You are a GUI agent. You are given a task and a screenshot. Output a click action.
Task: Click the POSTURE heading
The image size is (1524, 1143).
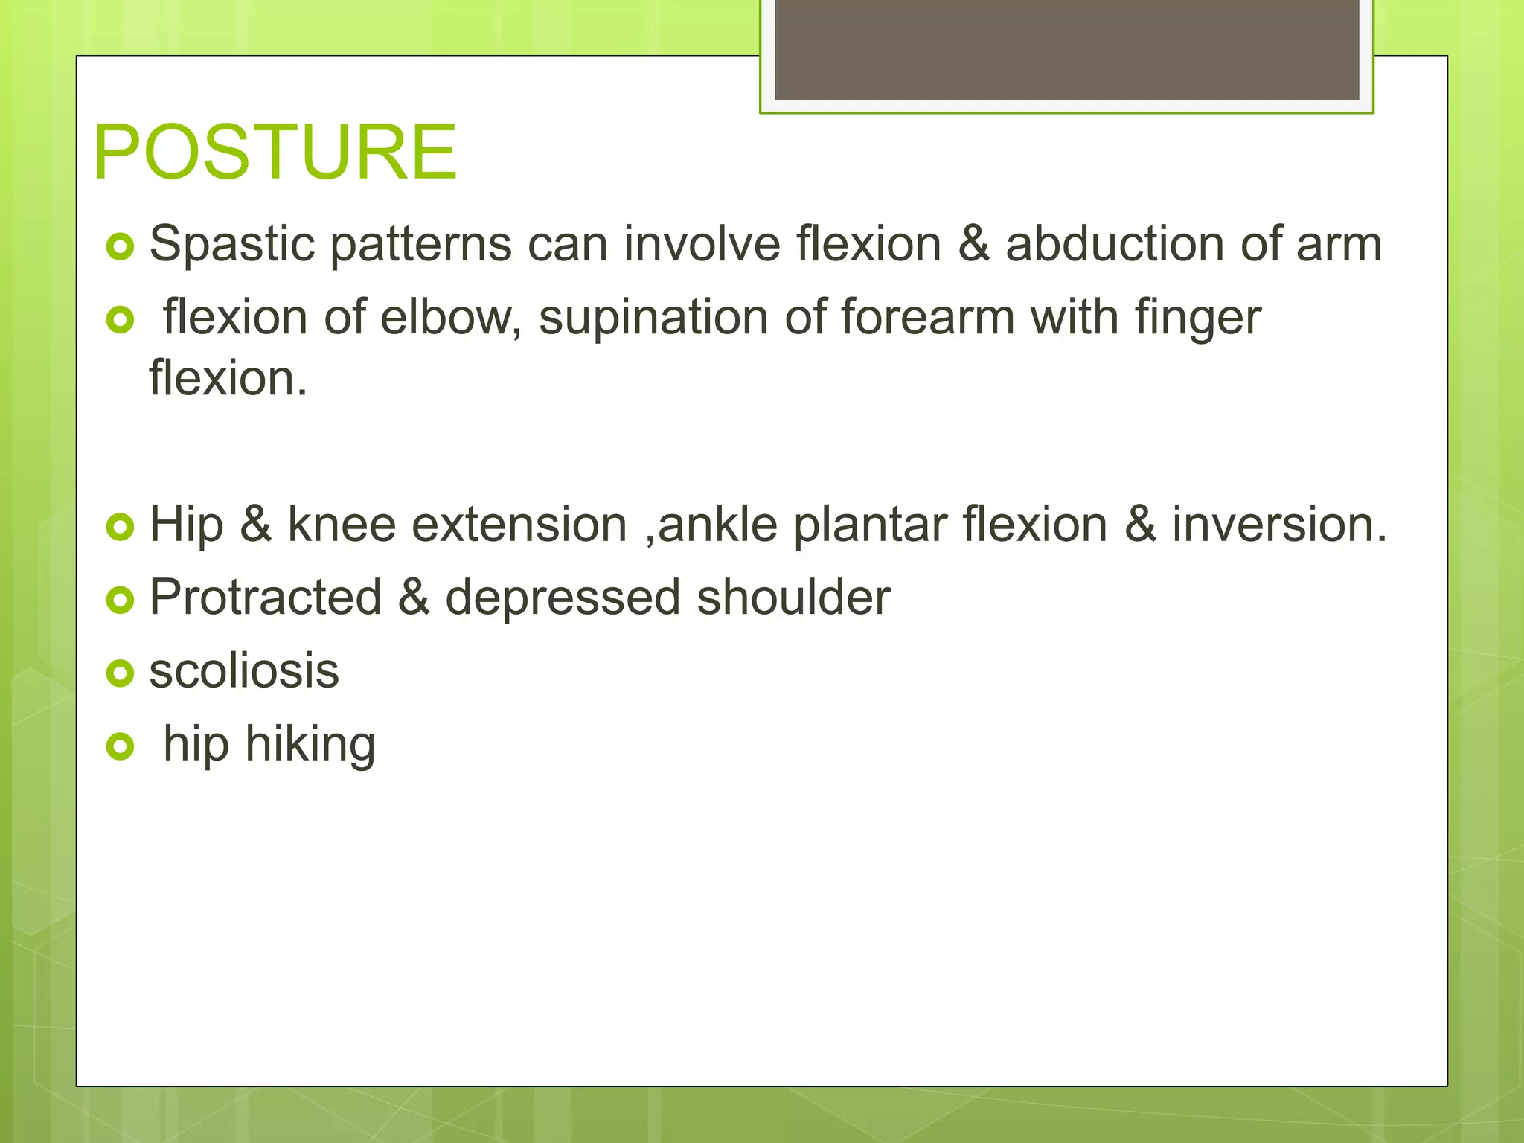[275, 152]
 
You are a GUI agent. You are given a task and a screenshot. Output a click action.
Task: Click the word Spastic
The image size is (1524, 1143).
[231, 244]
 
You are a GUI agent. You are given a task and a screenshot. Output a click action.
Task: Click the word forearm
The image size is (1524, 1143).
[927, 318]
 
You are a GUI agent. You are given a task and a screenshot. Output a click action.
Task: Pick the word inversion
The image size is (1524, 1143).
[1279, 525]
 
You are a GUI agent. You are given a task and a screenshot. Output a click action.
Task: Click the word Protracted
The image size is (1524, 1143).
[266, 598]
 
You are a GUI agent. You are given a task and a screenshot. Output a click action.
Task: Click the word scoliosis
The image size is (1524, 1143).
[244, 670]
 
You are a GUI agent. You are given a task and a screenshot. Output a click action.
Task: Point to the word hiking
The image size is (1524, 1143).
[310, 744]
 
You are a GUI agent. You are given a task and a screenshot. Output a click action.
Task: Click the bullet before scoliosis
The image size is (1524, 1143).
[120, 673]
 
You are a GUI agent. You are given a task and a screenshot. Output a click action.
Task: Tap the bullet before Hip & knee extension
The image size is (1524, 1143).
[120, 527]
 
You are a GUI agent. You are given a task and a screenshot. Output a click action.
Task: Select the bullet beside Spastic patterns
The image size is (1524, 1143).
[120, 246]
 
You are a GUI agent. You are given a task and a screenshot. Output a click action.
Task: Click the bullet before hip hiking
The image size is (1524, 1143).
[120, 746]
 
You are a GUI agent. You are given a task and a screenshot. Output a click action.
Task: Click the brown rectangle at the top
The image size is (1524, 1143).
[1066, 49]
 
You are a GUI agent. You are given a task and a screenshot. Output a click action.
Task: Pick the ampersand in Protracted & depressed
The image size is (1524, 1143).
[414, 598]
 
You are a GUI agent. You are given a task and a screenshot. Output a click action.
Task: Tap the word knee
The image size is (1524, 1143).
[342, 525]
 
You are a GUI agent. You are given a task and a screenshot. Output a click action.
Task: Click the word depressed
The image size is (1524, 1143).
[563, 598]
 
